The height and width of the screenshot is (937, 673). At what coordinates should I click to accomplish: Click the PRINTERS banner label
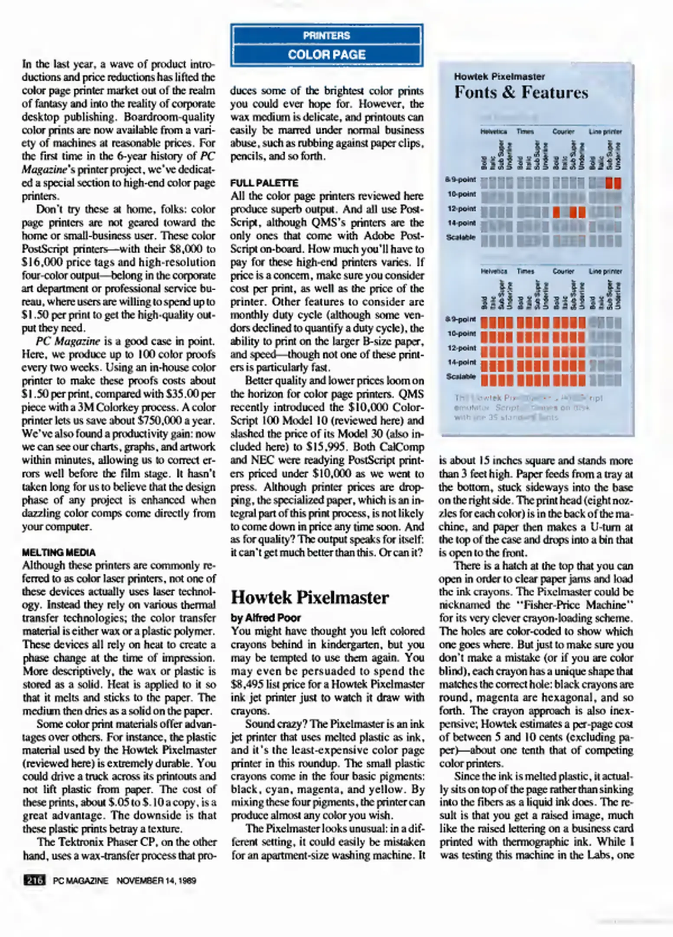326,36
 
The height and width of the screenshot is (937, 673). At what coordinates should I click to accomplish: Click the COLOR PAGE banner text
326,55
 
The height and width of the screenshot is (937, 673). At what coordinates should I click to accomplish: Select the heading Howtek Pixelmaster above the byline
309,598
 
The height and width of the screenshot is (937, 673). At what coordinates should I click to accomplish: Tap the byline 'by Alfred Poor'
266,618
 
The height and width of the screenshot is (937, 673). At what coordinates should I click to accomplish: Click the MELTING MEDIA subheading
59,553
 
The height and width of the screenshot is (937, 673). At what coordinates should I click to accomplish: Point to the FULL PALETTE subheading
264,183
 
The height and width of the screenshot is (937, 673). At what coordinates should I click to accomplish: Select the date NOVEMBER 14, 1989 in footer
156,881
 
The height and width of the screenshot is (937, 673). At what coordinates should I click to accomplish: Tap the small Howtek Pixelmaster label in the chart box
499,77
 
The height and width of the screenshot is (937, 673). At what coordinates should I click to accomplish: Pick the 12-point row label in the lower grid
462,348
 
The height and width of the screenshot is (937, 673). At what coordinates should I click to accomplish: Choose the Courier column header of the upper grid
563,131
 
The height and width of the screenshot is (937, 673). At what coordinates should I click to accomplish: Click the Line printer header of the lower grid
605,272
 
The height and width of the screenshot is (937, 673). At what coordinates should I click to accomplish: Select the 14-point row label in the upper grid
462,223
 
